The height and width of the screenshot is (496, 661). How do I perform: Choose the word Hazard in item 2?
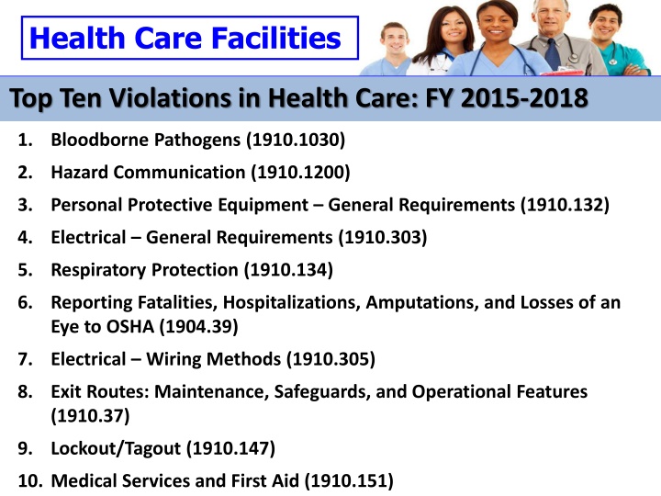(x=77, y=170)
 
